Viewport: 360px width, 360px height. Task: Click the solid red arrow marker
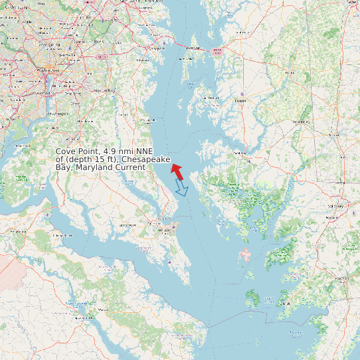[177, 170]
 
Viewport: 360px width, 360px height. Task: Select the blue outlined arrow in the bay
[181, 189]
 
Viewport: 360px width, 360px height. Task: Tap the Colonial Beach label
[62, 235]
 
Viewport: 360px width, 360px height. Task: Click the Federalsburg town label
[301, 122]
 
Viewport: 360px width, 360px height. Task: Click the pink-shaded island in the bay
[246, 254]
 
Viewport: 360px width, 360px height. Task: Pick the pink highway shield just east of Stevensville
[216, 50]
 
